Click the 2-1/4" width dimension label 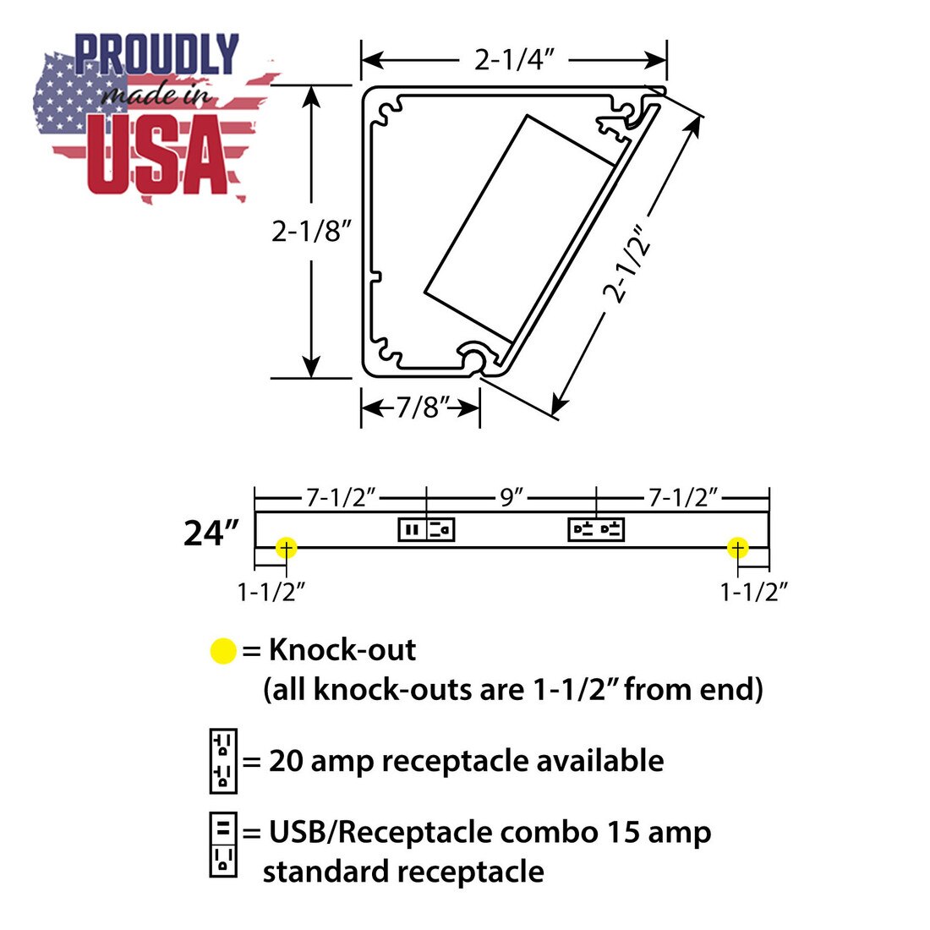pos(514,59)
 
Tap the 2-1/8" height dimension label pos(312,230)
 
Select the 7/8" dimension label pos(421,408)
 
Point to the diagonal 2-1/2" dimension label pos(627,264)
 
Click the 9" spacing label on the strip pos(511,497)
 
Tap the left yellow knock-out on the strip pos(286,548)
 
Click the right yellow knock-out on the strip pos(737,548)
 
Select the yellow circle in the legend pos(223,651)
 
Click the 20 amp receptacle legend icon pos(223,761)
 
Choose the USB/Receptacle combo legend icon pos(223,845)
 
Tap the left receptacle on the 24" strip pos(426,529)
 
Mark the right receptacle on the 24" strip pos(596,529)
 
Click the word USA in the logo pos(158,154)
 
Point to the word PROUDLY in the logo pos(156,54)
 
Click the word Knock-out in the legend pos(342,649)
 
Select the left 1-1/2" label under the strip pos(271,591)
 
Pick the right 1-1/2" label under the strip pos(754,591)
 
